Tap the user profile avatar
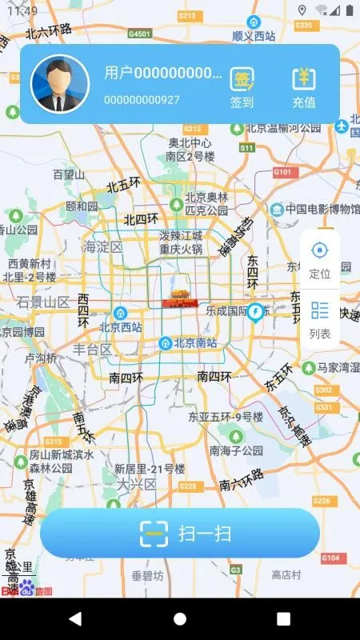pos(60,84)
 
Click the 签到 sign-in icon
pos(242,86)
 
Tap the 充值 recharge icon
pos(304,86)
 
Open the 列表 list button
pos(320,319)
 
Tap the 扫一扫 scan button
pos(180,533)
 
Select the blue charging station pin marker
pos(256,311)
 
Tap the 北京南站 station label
pos(191,343)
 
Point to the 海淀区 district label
pos(103,247)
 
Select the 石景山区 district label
pos(44,302)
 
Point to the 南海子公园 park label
pos(236,450)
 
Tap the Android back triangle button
pos(75,618)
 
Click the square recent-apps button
pos(283,618)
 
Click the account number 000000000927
pos(142,100)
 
